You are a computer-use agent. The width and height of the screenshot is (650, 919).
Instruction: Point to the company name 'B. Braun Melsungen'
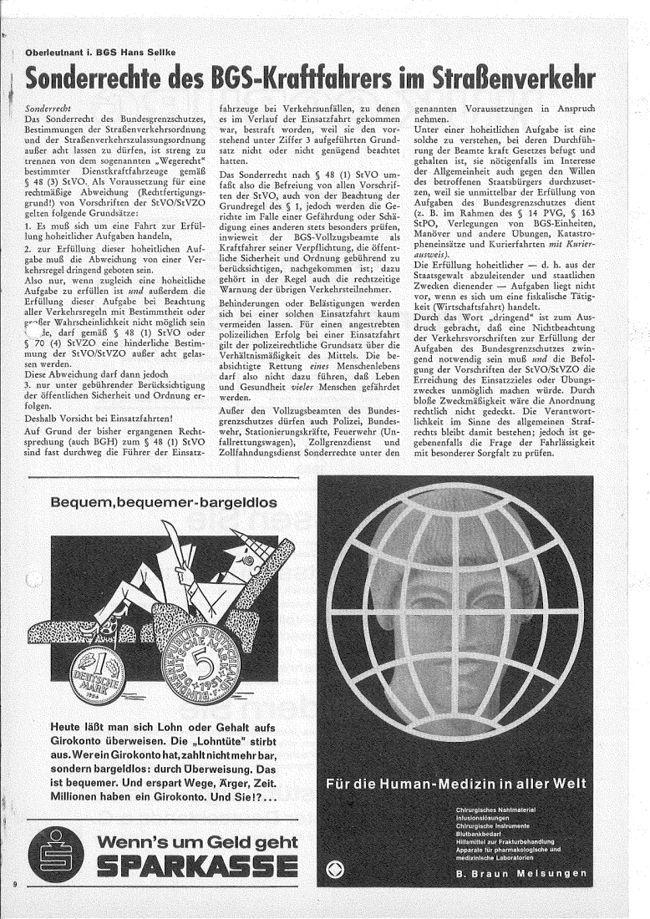521,874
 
